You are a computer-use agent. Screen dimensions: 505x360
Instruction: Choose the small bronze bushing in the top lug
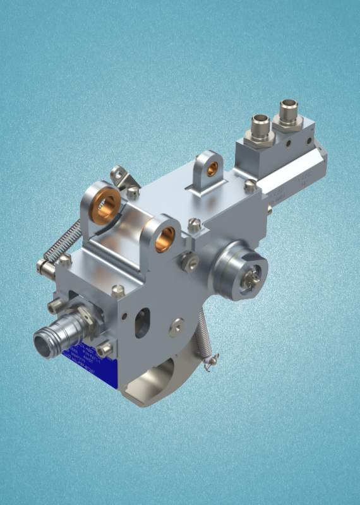coord(213,169)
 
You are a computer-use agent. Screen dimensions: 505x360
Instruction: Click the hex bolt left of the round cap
coord(188,261)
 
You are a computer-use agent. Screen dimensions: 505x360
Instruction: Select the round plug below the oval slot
coord(177,326)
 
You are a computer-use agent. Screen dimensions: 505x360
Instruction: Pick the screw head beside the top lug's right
coord(251,186)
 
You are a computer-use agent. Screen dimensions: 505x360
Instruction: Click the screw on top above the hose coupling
coord(117,290)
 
